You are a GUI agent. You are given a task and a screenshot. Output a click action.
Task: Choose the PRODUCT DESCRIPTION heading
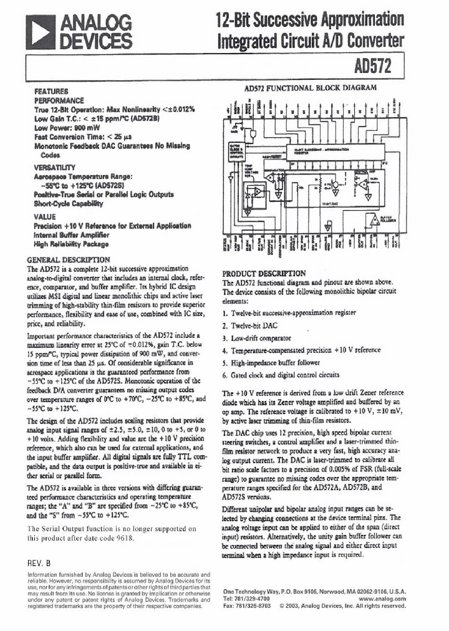264,273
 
